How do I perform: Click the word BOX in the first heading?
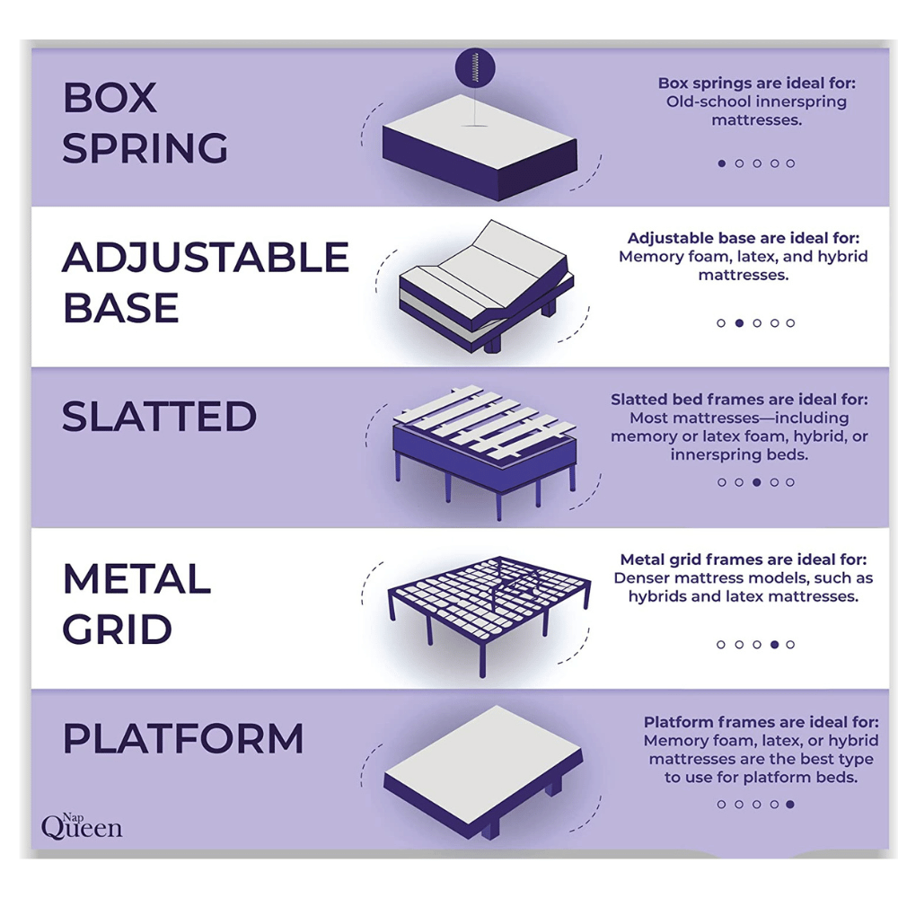coord(110,97)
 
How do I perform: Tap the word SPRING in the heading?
coord(145,148)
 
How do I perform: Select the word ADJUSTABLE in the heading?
coord(206,257)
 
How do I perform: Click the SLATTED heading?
coord(159,417)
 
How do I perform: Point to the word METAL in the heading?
coord(136,578)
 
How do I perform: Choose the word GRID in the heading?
coord(117,629)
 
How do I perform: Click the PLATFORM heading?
coord(182,738)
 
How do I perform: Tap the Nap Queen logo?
coord(82,826)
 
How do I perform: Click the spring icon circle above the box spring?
coord(475,67)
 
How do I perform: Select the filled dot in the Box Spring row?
coord(722,163)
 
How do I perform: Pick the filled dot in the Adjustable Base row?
coord(739,323)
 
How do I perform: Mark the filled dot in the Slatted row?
coord(756,482)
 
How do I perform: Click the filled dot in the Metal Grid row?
coord(774,644)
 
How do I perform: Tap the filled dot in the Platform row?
coord(790,804)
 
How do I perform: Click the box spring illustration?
coord(480,147)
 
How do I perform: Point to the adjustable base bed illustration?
coord(486,286)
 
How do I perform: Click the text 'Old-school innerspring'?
coord(756,102)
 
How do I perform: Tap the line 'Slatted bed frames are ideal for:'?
coord(739,400)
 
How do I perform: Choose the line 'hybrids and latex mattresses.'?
coord(744,597)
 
